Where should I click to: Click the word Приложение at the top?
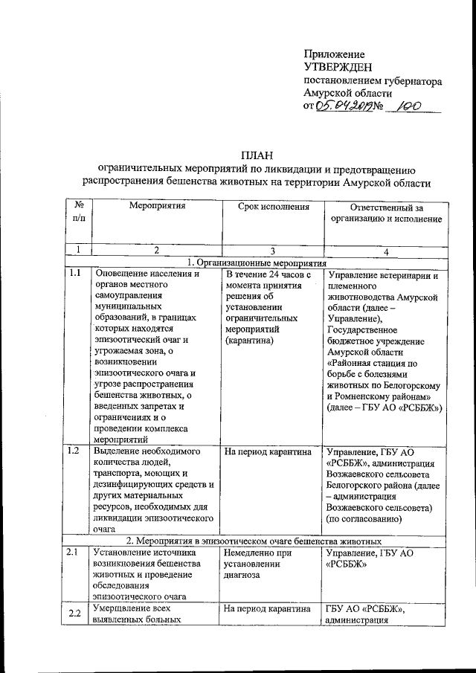(334, 54)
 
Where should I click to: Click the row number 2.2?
(74, 613)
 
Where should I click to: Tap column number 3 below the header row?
(273, 251)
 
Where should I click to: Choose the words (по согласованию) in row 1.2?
(364, 520)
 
